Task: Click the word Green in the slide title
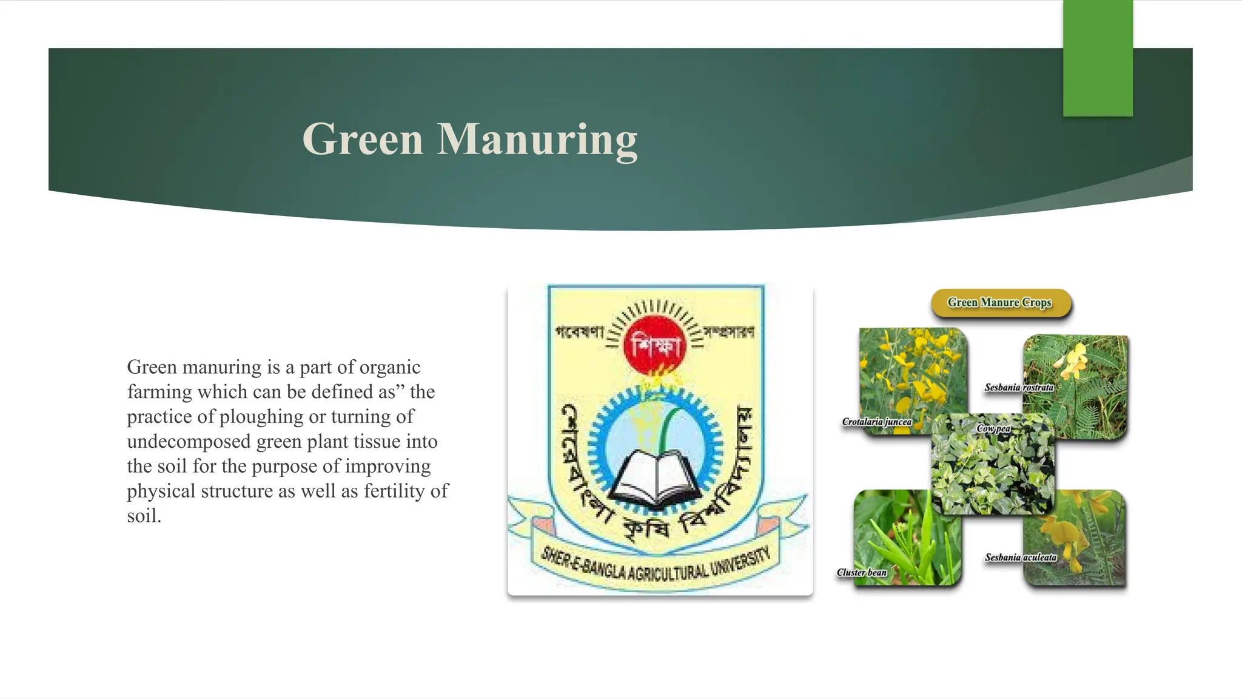(363, 140)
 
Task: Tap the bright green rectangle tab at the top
(1098, 58)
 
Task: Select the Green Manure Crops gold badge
(1001, 303)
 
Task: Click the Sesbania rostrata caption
(1019, 388)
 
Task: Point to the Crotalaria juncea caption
(877, 422)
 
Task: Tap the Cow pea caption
(993, 428)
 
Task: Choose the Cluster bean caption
(862, 572)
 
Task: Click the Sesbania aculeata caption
(1021, 557)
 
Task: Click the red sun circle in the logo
(655, 345)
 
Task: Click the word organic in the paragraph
(390, 367)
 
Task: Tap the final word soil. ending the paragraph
(144, 516)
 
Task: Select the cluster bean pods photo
(907, 537)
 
